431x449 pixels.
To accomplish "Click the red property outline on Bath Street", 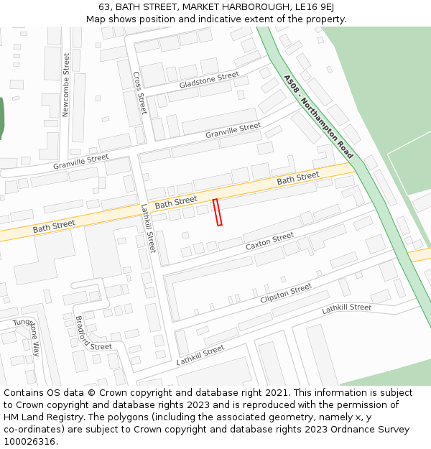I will point(218,213).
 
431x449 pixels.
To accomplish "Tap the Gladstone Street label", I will point(209,80).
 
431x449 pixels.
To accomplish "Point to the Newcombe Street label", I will point(66,85).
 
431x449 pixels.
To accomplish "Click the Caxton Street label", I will point(269,241).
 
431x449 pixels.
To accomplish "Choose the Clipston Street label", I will point(286,293).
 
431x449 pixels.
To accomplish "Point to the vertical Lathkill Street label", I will point(148,228).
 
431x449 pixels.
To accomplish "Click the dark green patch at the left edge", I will point(1,117).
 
